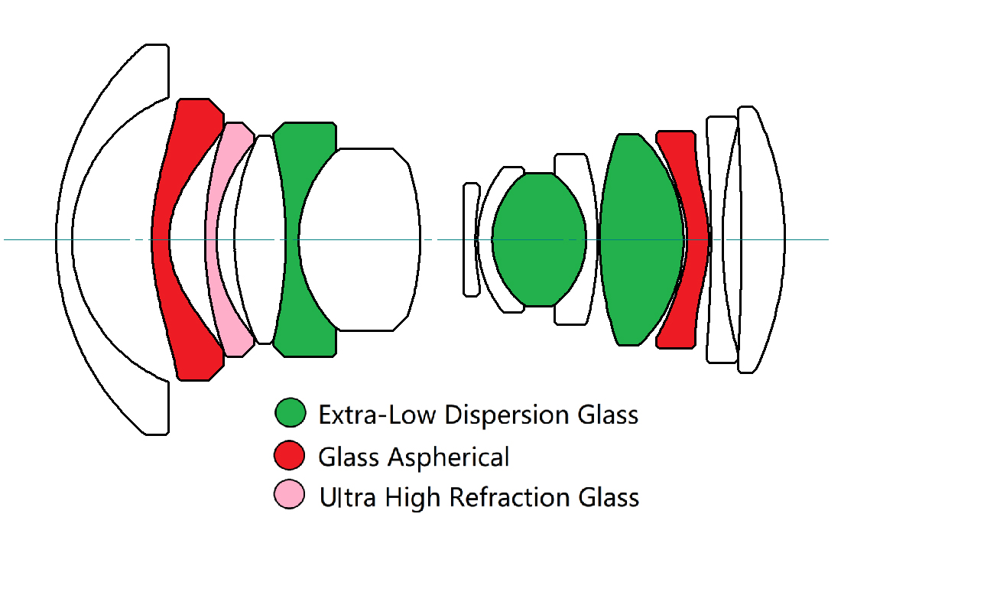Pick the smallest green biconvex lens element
539,239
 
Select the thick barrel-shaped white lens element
359,239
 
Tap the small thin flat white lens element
471,239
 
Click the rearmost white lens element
761,239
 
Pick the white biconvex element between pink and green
260,239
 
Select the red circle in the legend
289,455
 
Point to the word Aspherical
448,457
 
